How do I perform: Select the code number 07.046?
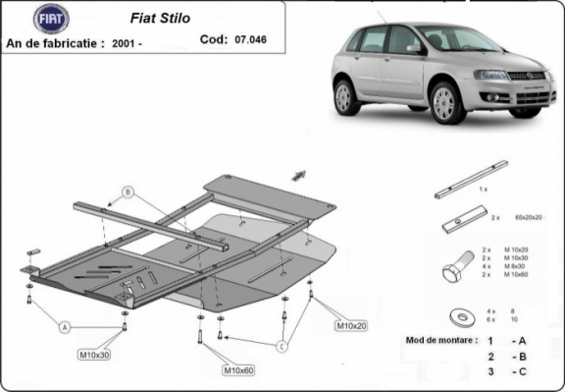251,40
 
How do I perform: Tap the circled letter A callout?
65,326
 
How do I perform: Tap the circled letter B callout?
128,191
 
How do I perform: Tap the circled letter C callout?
282,346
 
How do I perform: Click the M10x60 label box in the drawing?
238,370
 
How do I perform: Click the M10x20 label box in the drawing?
352,325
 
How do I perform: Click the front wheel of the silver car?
447,102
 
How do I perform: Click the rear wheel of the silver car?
346,96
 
